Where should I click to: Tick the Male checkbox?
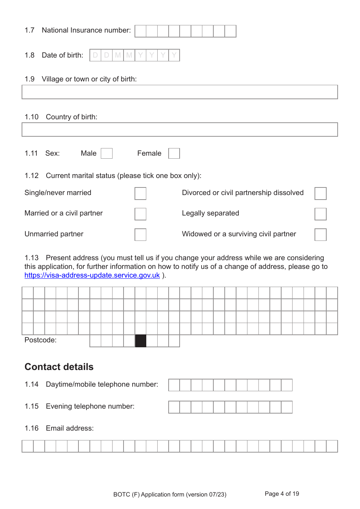(107, 153)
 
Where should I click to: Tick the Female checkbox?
(174, 153)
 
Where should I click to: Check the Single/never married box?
(141, 193)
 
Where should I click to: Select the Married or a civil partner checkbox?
(141, 214)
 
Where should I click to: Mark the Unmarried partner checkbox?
(141, 234)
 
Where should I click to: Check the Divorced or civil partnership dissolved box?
(321, 193)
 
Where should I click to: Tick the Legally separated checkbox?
(321, 214)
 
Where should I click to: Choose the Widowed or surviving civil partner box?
(321, 234)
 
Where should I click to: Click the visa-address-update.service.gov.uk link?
(92, 275)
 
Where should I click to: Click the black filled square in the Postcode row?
(141, 341)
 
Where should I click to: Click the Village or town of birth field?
(180, 92)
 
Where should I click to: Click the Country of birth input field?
(180, 130)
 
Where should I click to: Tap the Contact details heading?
(59, 367)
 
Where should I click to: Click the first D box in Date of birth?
(95, 55)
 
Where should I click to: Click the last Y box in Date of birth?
(174, 55)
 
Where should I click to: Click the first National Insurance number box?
(141, 31)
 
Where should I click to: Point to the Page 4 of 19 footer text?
(282, 494)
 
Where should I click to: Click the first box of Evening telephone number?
(174, 407)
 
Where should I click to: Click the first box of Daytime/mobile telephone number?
(174, 385)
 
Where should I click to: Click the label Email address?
(70, 428)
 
